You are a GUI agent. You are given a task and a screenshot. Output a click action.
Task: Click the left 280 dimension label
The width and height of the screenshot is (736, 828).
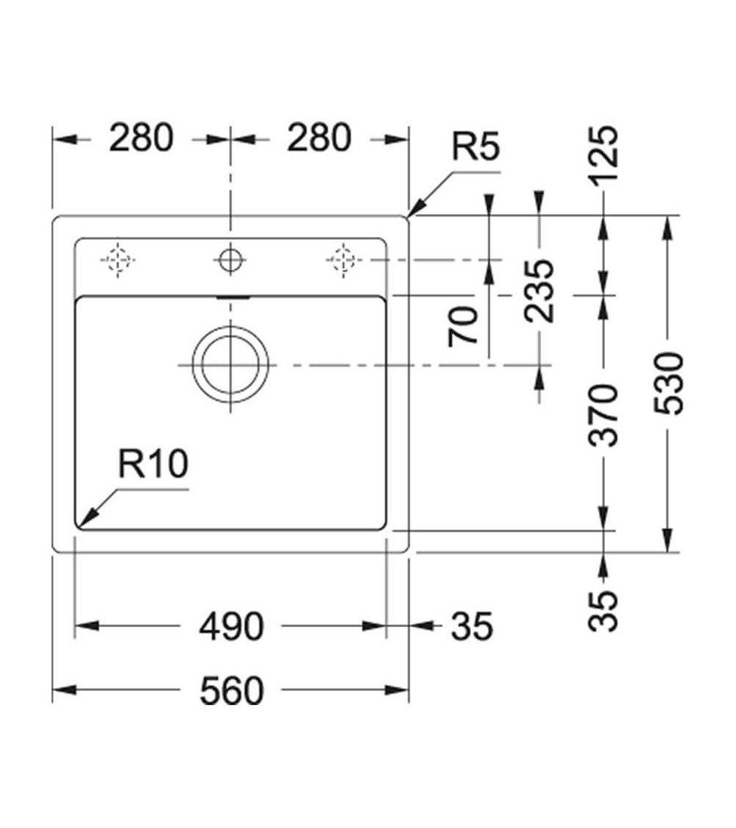[142, 138]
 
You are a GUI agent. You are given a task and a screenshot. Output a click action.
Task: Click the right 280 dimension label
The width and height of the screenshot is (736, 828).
[319, 138]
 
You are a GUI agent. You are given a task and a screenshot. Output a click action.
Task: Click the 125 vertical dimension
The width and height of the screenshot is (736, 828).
[605, 155]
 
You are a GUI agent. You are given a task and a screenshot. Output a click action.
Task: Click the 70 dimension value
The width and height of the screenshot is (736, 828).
[465, 327]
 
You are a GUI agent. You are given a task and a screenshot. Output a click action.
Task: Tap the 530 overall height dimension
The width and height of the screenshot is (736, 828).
[670, 383]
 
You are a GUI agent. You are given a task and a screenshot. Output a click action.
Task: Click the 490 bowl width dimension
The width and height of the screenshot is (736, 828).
[232, 626]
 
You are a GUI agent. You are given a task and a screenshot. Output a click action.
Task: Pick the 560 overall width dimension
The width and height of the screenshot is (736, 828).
[232, 691]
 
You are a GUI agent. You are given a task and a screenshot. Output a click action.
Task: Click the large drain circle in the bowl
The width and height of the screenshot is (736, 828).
[230, 366]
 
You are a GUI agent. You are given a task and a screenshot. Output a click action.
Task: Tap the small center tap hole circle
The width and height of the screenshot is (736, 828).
[230, 259]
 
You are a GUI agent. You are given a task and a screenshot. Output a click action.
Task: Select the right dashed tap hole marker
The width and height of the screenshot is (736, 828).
[342, 260]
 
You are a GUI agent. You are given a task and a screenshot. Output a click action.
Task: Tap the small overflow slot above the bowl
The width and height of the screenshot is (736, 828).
[232, 297]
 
